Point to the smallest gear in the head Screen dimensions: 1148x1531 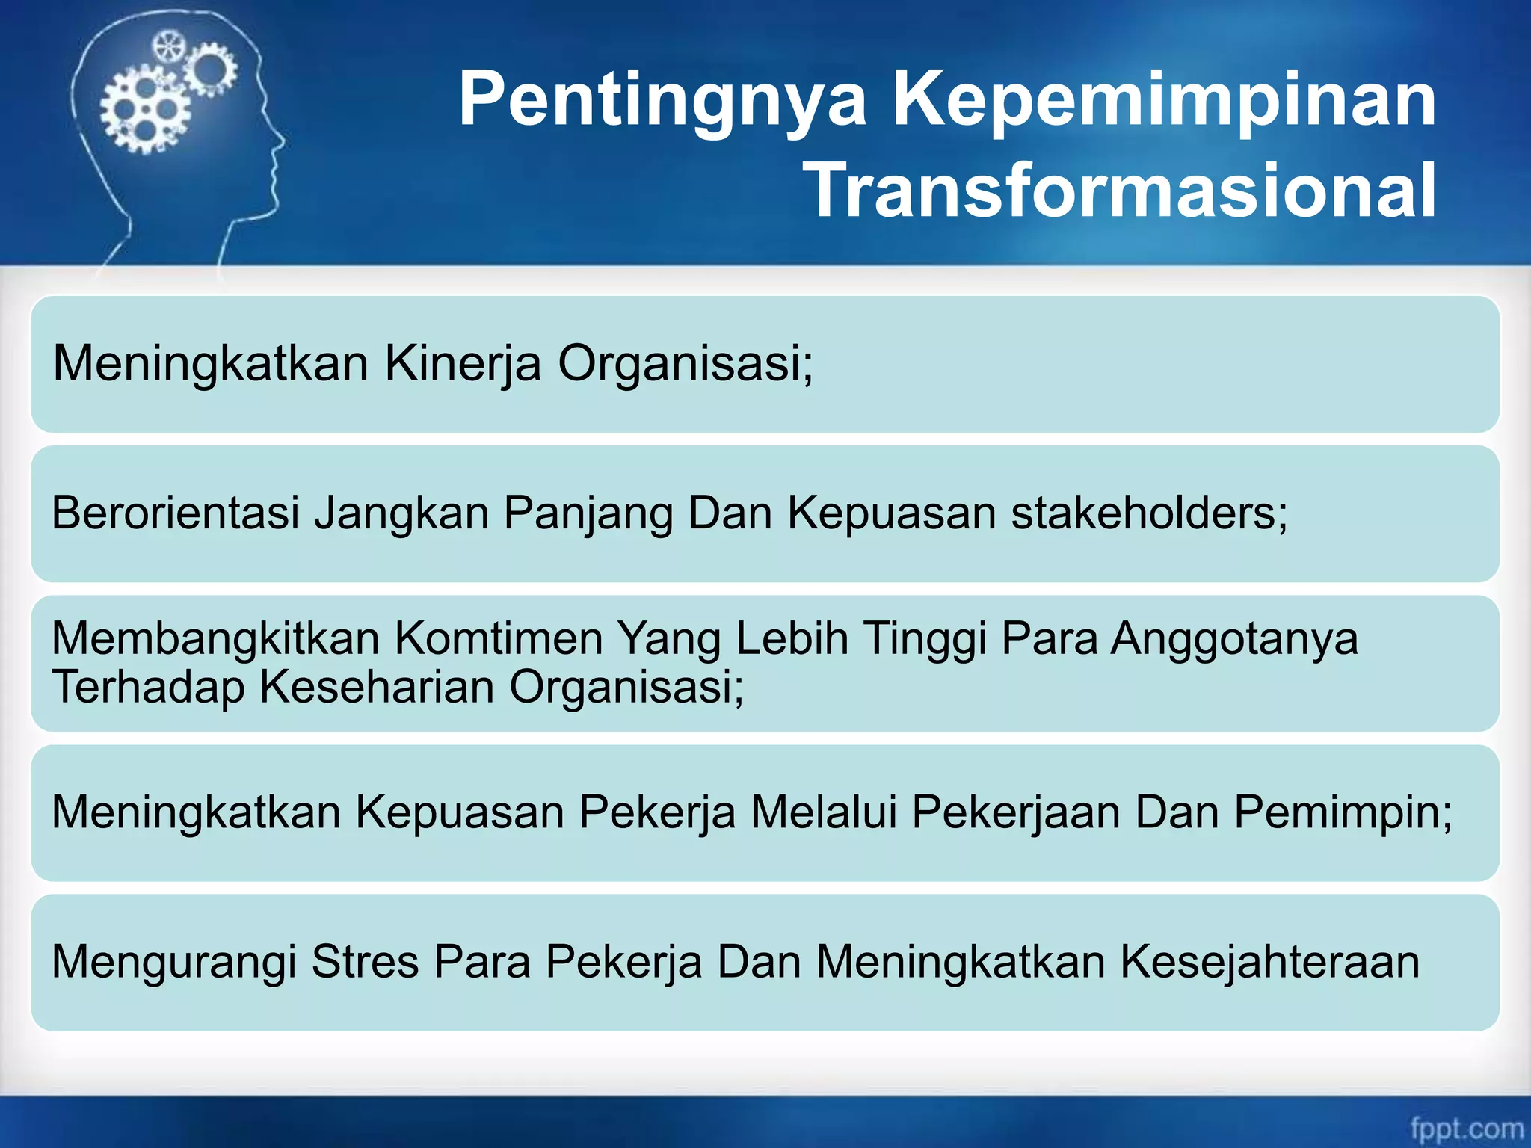pyautogui.click(x=169, y=48)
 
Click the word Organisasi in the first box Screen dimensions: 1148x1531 pyautogui.click(x=685, y=364)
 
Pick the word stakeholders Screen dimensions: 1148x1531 pyautogui.click(x=1149, y=513)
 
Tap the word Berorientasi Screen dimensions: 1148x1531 pyautogui.click(x=175, y=513)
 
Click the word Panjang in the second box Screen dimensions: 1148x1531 pyautogui.click(x=588, y=513)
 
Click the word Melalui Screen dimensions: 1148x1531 pyautogui.click(x=823, y=812)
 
